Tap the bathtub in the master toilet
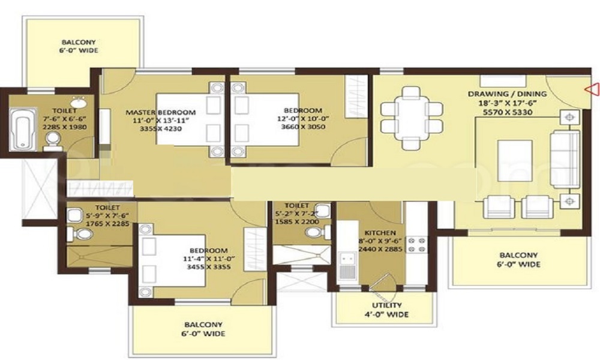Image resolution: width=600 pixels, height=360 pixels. point(23,130)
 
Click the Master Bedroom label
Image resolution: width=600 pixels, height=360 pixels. point(161,112)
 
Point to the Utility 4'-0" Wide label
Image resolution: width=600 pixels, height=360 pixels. point(387,310)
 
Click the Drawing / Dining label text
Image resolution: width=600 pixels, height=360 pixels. point(508,94)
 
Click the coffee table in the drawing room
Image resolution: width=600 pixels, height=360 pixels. point(515,161)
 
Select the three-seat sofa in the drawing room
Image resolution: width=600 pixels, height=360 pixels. point(565,159)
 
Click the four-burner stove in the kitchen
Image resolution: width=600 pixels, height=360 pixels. point(417,245)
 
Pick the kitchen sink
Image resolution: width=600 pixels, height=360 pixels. point(348,265)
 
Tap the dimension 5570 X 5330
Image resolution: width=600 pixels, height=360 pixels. point(508,112)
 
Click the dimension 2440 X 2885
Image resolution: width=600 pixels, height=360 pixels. point(380,249)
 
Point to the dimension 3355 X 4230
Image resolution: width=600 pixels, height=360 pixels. point(161,128)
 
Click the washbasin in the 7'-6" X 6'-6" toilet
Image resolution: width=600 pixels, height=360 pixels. point(79,103)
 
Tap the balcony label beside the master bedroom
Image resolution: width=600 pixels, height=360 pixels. point(79,46)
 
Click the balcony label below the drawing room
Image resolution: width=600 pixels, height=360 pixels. point(518,259)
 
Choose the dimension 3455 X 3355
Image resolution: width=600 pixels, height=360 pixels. point(209,266)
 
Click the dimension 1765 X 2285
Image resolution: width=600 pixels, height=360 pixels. point(107,223)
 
